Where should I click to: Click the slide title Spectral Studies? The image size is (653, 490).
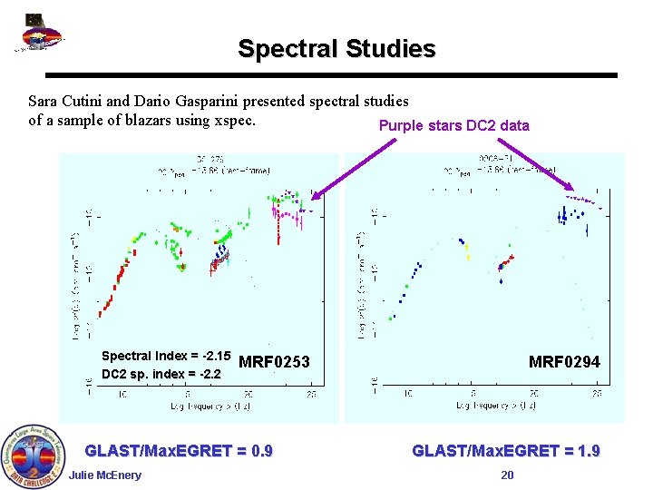coord(336,48)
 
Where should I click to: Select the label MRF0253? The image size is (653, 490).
coord(274,363)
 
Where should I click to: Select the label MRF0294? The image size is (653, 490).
coord(564,362)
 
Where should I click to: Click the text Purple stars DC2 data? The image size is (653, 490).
coord(453,126)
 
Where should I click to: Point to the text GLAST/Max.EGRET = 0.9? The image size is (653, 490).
coord(179,451)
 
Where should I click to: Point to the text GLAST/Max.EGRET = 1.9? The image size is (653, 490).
coord(506,451)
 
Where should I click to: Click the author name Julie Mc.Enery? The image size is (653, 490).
coord(104,475)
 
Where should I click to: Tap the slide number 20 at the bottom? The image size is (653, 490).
coord(507,475)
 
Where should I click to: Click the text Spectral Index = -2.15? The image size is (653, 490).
coord(166,356)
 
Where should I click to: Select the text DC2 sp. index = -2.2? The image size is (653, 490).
coord(161,374)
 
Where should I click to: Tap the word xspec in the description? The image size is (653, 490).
coord(236,120)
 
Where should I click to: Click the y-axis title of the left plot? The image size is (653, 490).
coord(76,272)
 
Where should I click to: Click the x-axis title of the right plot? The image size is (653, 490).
coord(490,409)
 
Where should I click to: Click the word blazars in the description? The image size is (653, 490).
coord(144,120)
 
